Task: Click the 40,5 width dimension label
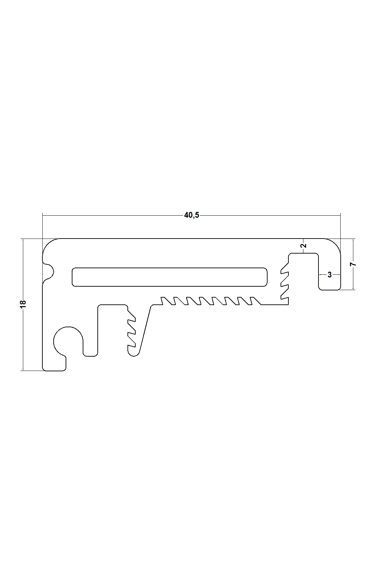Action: click(x=191, y=215)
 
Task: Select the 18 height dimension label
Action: click(x=23, y=304)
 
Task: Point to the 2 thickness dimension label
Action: click(x=304, y=245)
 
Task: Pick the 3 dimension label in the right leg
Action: click(x=329, y=274)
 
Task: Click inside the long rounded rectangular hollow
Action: click(x=169, y=277)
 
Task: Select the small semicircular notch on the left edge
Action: click(x=50, y=272)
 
